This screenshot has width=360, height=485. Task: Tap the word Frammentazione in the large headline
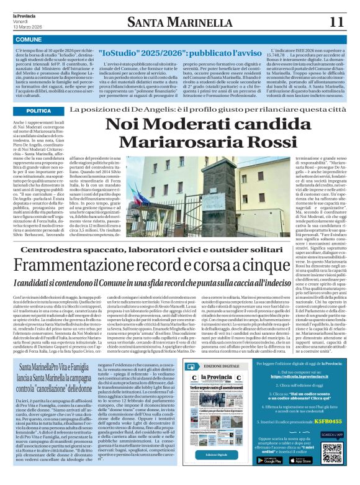tap(81, 265)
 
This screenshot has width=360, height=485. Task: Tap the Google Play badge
tap(269, 460)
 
